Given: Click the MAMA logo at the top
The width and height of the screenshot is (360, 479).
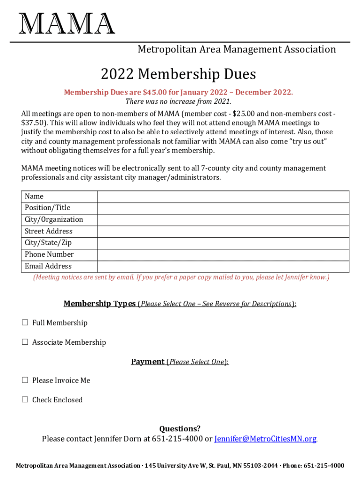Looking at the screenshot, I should (x=67, y=23).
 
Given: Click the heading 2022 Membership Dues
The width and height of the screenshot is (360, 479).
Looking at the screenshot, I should (x=179, y=74).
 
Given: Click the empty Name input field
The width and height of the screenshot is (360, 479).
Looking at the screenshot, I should (x=223, y=196).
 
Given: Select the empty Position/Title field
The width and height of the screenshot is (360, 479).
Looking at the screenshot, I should (x=223, y=208).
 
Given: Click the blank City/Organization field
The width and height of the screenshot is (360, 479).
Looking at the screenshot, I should (x=223, y=220).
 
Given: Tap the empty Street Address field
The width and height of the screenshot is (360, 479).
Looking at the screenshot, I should (x=223, y=232).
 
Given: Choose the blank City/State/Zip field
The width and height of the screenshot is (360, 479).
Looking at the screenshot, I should (x=223, y=243).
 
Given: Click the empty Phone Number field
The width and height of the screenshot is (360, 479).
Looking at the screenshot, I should (x=223, y=255).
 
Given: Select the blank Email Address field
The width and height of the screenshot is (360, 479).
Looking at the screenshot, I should (x=223, y=267).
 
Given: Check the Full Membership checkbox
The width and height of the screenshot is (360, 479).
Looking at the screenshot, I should (x=25, y=323).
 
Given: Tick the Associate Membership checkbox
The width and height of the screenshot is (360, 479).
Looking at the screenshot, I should (x=25, y=342).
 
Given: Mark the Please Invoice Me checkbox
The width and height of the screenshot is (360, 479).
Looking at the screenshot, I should (x=25, y=380).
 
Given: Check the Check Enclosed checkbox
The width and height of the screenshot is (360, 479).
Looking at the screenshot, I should (x=25, y=399).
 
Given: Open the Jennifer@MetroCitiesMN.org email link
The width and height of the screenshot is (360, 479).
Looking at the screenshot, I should (x=265, y=439).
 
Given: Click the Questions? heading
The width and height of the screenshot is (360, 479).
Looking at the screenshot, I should (x=180, y=428).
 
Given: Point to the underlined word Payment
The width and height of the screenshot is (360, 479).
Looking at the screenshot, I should (x=148, y=362).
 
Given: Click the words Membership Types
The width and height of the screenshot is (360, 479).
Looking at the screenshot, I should (x=100, y=304).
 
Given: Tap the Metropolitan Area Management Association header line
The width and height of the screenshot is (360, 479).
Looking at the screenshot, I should (x=237, y=50).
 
